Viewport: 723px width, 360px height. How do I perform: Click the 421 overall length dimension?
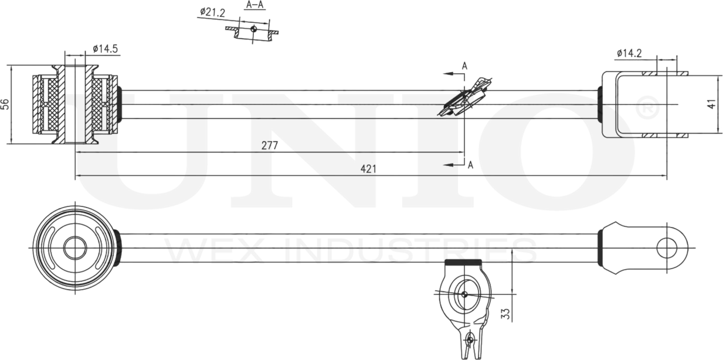[x=368, y=169]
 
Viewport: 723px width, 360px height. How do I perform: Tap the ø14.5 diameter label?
[x=106, y=49]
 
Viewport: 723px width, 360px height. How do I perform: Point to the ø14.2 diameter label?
[x=629, y=53]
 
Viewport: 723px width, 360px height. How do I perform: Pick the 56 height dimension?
[x=5, y=104]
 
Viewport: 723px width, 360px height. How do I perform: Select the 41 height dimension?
[x=711, y=104]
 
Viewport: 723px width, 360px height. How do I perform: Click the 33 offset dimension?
[x=505, y=314]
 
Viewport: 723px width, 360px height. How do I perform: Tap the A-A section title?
[x=254, y=5]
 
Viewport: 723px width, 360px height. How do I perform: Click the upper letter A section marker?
[x=464, y=66]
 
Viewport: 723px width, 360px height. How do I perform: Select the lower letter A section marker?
[x=470, y=165]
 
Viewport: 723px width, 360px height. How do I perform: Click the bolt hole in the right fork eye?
[x=667, y=248]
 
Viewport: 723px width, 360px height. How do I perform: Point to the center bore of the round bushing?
[x=74, y=248]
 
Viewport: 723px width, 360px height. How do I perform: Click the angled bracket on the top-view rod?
[x=466, y=97]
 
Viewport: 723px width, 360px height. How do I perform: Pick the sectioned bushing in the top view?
[x=74, y=104]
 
